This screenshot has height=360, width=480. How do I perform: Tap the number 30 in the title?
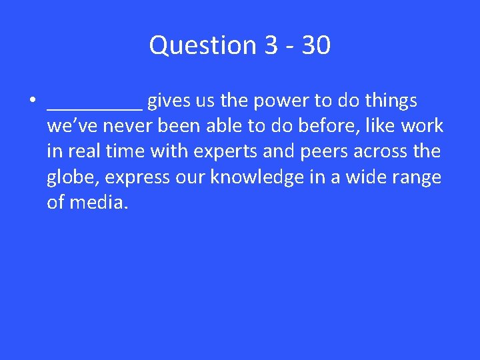click(x=315, y=46)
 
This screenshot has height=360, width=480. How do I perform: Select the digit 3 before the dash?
click(x=271, y=46)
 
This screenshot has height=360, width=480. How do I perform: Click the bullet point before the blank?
click(x=31, y=101)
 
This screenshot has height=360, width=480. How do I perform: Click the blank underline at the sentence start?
click(x=94, y=107)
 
